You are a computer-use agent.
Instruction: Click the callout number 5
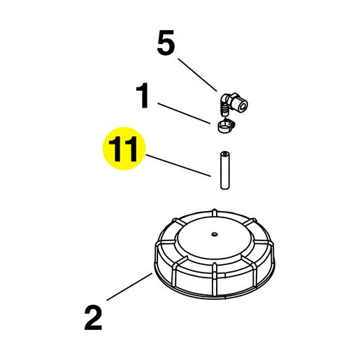point(166,43)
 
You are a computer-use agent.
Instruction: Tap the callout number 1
point(143,95)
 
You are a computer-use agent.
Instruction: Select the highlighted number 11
point(124,149)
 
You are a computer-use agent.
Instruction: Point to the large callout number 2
point(93,318)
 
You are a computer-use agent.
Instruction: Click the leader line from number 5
point(198,75)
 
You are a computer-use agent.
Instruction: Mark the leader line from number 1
point(184,113)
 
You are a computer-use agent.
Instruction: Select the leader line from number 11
point(179,166)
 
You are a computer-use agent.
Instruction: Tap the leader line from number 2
point(129,287)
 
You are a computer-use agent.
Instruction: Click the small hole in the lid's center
point(215,234)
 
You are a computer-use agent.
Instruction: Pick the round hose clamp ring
point(224,127)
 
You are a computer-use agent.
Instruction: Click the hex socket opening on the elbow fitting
point(243,107)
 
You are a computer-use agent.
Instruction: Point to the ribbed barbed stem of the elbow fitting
point(224,110)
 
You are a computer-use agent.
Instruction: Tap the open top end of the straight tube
point(224,154)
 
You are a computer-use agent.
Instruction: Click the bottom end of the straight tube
point(224,187)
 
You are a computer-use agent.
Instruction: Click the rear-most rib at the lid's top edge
point(215,213)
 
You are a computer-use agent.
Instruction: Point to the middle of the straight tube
point(224,171)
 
